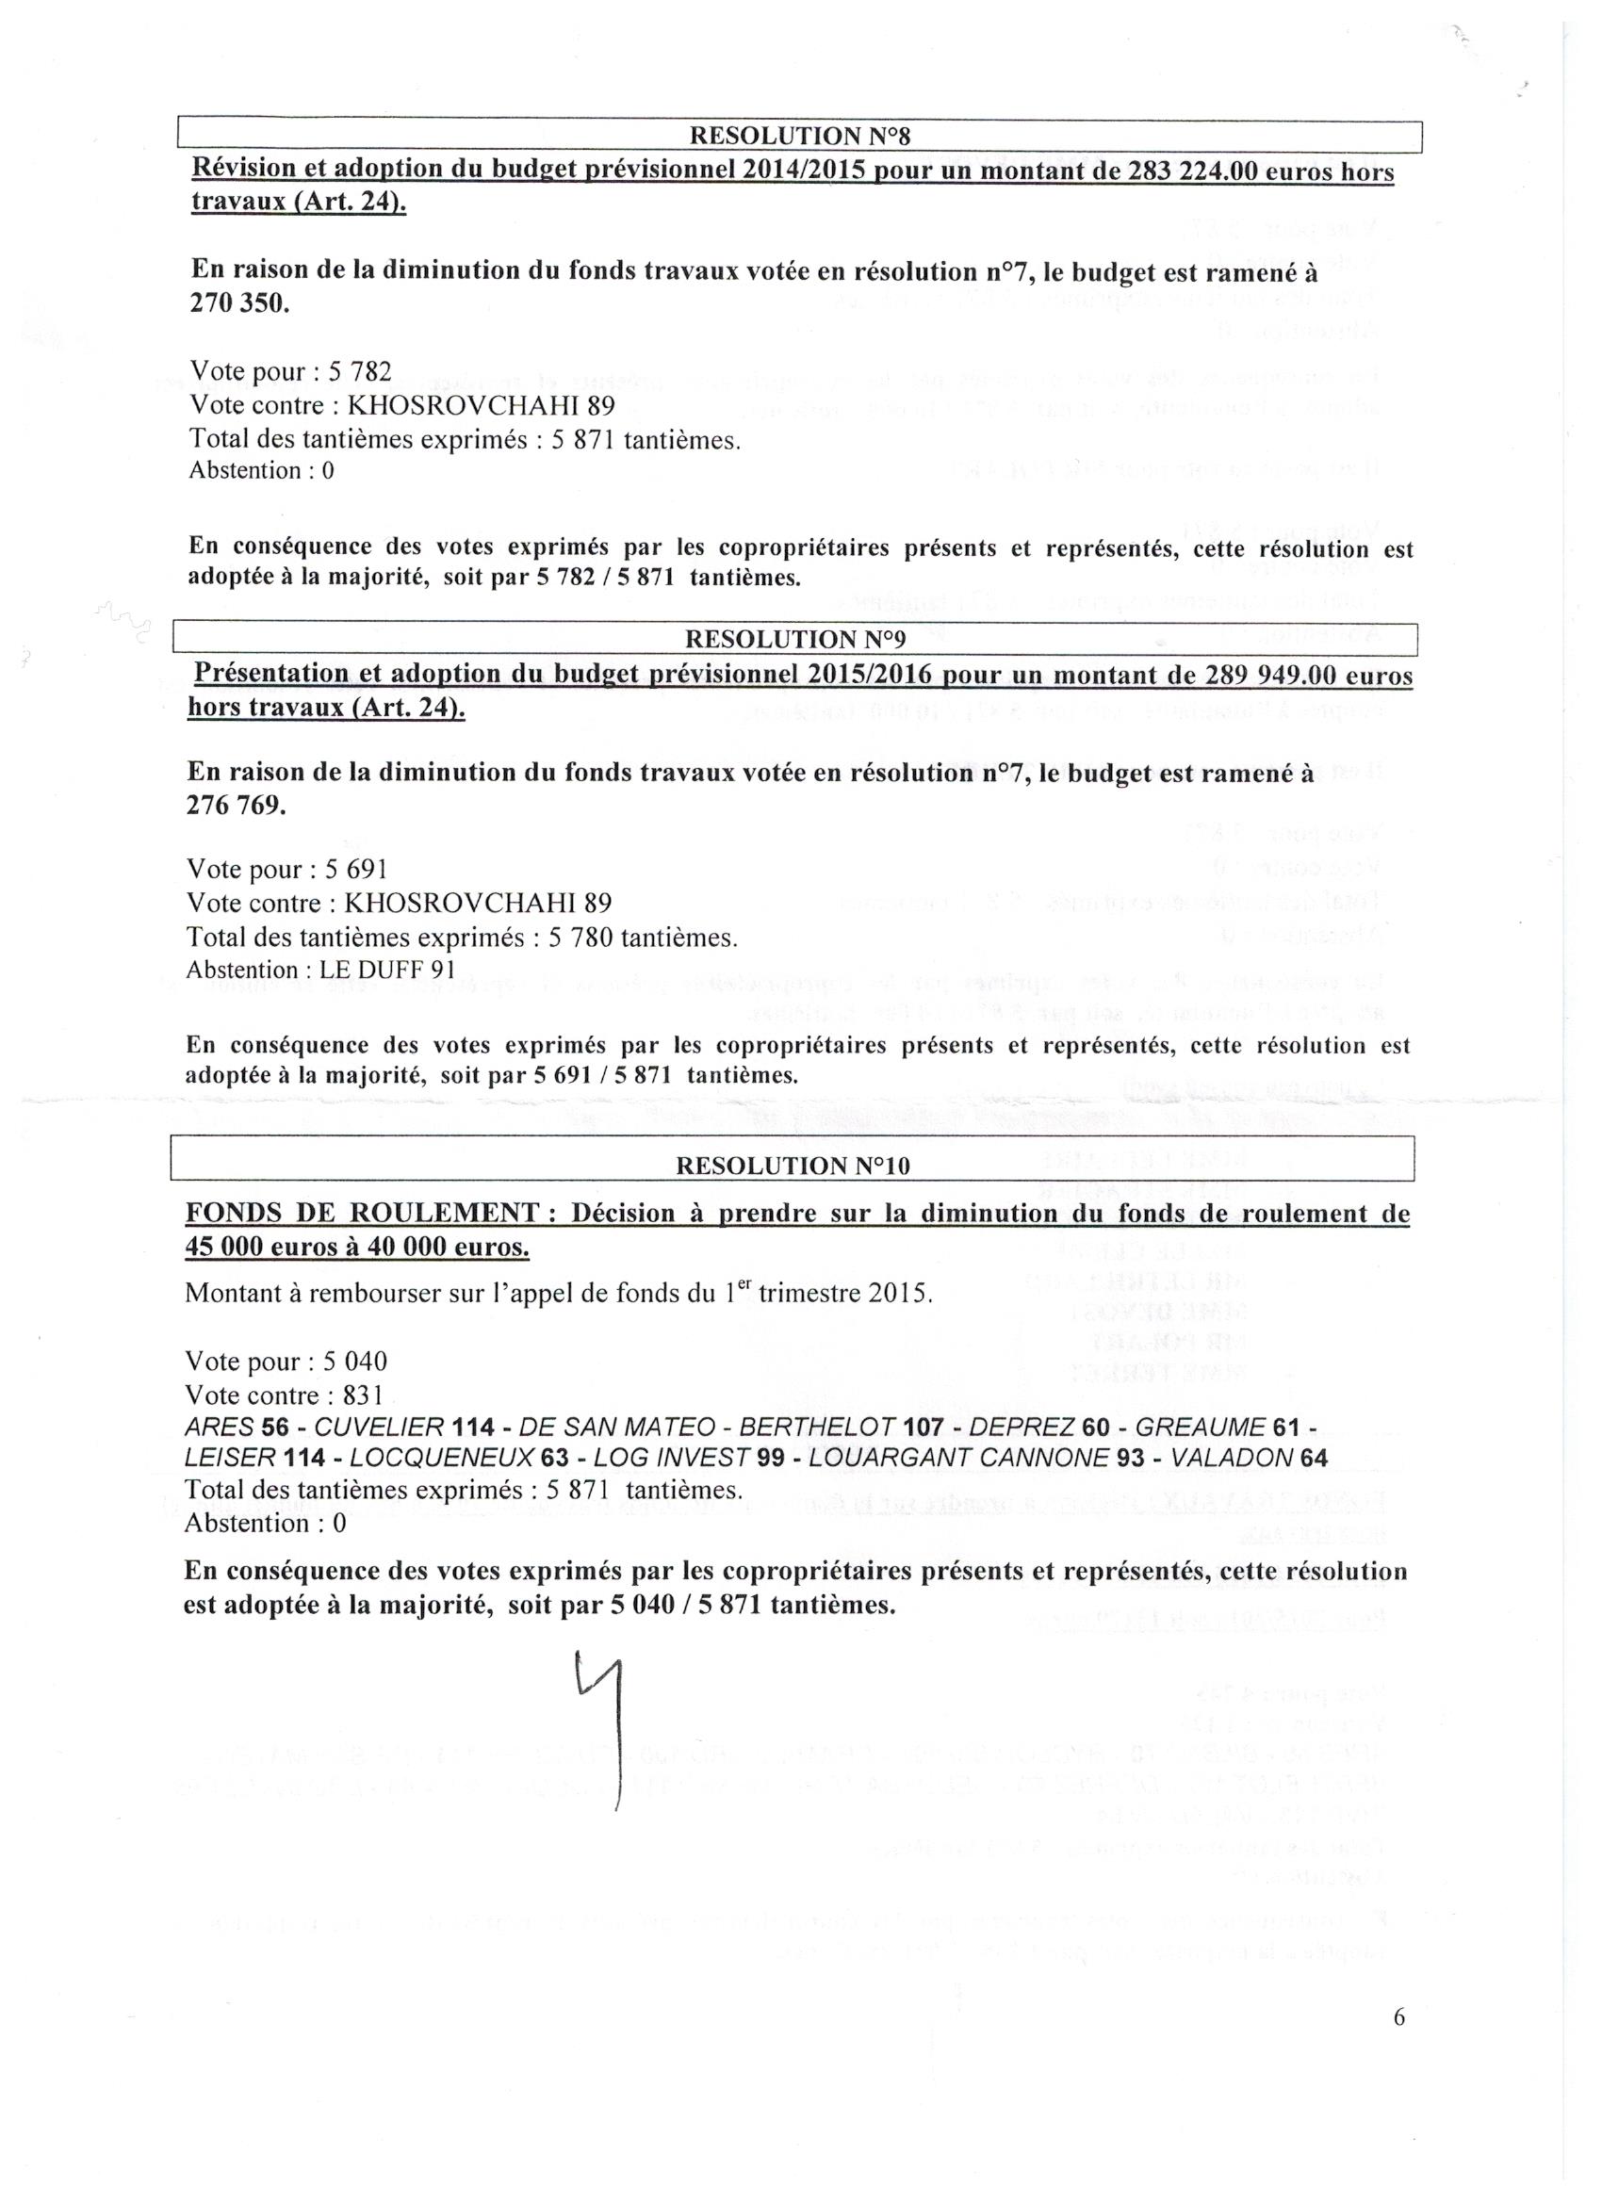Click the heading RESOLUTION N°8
[798, 136]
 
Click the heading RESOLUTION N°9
[794, 638]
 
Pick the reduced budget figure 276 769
[237, 806]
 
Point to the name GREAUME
[1199, 1427]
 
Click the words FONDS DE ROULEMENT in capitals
[363, 1214]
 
